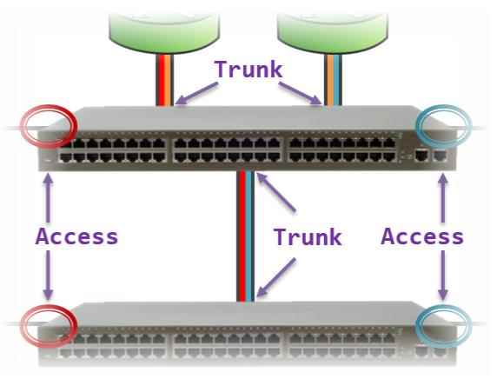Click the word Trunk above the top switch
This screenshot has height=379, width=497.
coord(248,70)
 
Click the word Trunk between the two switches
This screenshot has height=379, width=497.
coord(308,236)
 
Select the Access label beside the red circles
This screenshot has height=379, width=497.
coord(76,236)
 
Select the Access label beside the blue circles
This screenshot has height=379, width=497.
coord(422,236)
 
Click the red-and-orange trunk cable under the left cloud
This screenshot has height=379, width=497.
coord(165,80)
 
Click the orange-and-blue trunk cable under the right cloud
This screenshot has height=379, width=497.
coord(333,80)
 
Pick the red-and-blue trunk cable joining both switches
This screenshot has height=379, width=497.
coord(246,236)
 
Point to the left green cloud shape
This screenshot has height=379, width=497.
coord(164,32)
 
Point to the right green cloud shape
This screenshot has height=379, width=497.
coord(333,32)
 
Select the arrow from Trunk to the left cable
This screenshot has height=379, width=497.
coord(196,94)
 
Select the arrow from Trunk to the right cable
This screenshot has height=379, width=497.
coord(300,93)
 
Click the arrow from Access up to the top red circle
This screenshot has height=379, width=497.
coord(48,197)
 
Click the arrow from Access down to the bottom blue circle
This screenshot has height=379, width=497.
coord(443,276)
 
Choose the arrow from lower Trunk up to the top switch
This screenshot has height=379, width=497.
coord(275,192)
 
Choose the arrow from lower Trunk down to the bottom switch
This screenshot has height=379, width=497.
coord(275,277)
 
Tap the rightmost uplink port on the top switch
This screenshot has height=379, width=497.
coord(440,156)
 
